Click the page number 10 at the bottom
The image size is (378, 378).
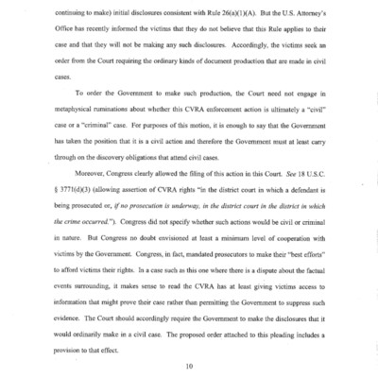point(189,364)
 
